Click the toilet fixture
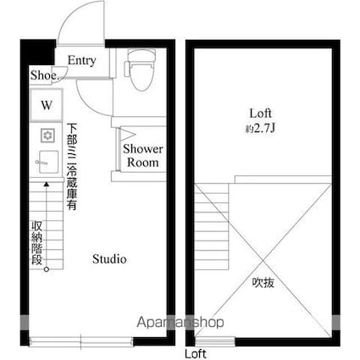click(x=141, y=69)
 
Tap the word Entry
click(x=81, y=61)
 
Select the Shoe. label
click(x=44, y=75)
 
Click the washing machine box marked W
click(x=47, y=105)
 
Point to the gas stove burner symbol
click(x=47, y=136)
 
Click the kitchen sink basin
click(x=48, y=162)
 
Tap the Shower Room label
click(x=143, y=156)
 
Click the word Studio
click(x=109, y=259)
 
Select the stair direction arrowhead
click(x=47, y=185)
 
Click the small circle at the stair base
click(x=47, y=269)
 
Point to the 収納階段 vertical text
click(x=37, y=243)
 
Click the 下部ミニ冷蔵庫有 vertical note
click(x=72, y=167)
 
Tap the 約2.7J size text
click(x=260, y=129)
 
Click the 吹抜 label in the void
click(x=263, y=282)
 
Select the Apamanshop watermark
click(x=180, y=322)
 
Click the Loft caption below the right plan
click(x=196, y=354)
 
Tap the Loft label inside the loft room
click(x=260, y=114)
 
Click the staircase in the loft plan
click(x=212, y=226)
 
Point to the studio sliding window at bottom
click(x=81, y=341)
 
